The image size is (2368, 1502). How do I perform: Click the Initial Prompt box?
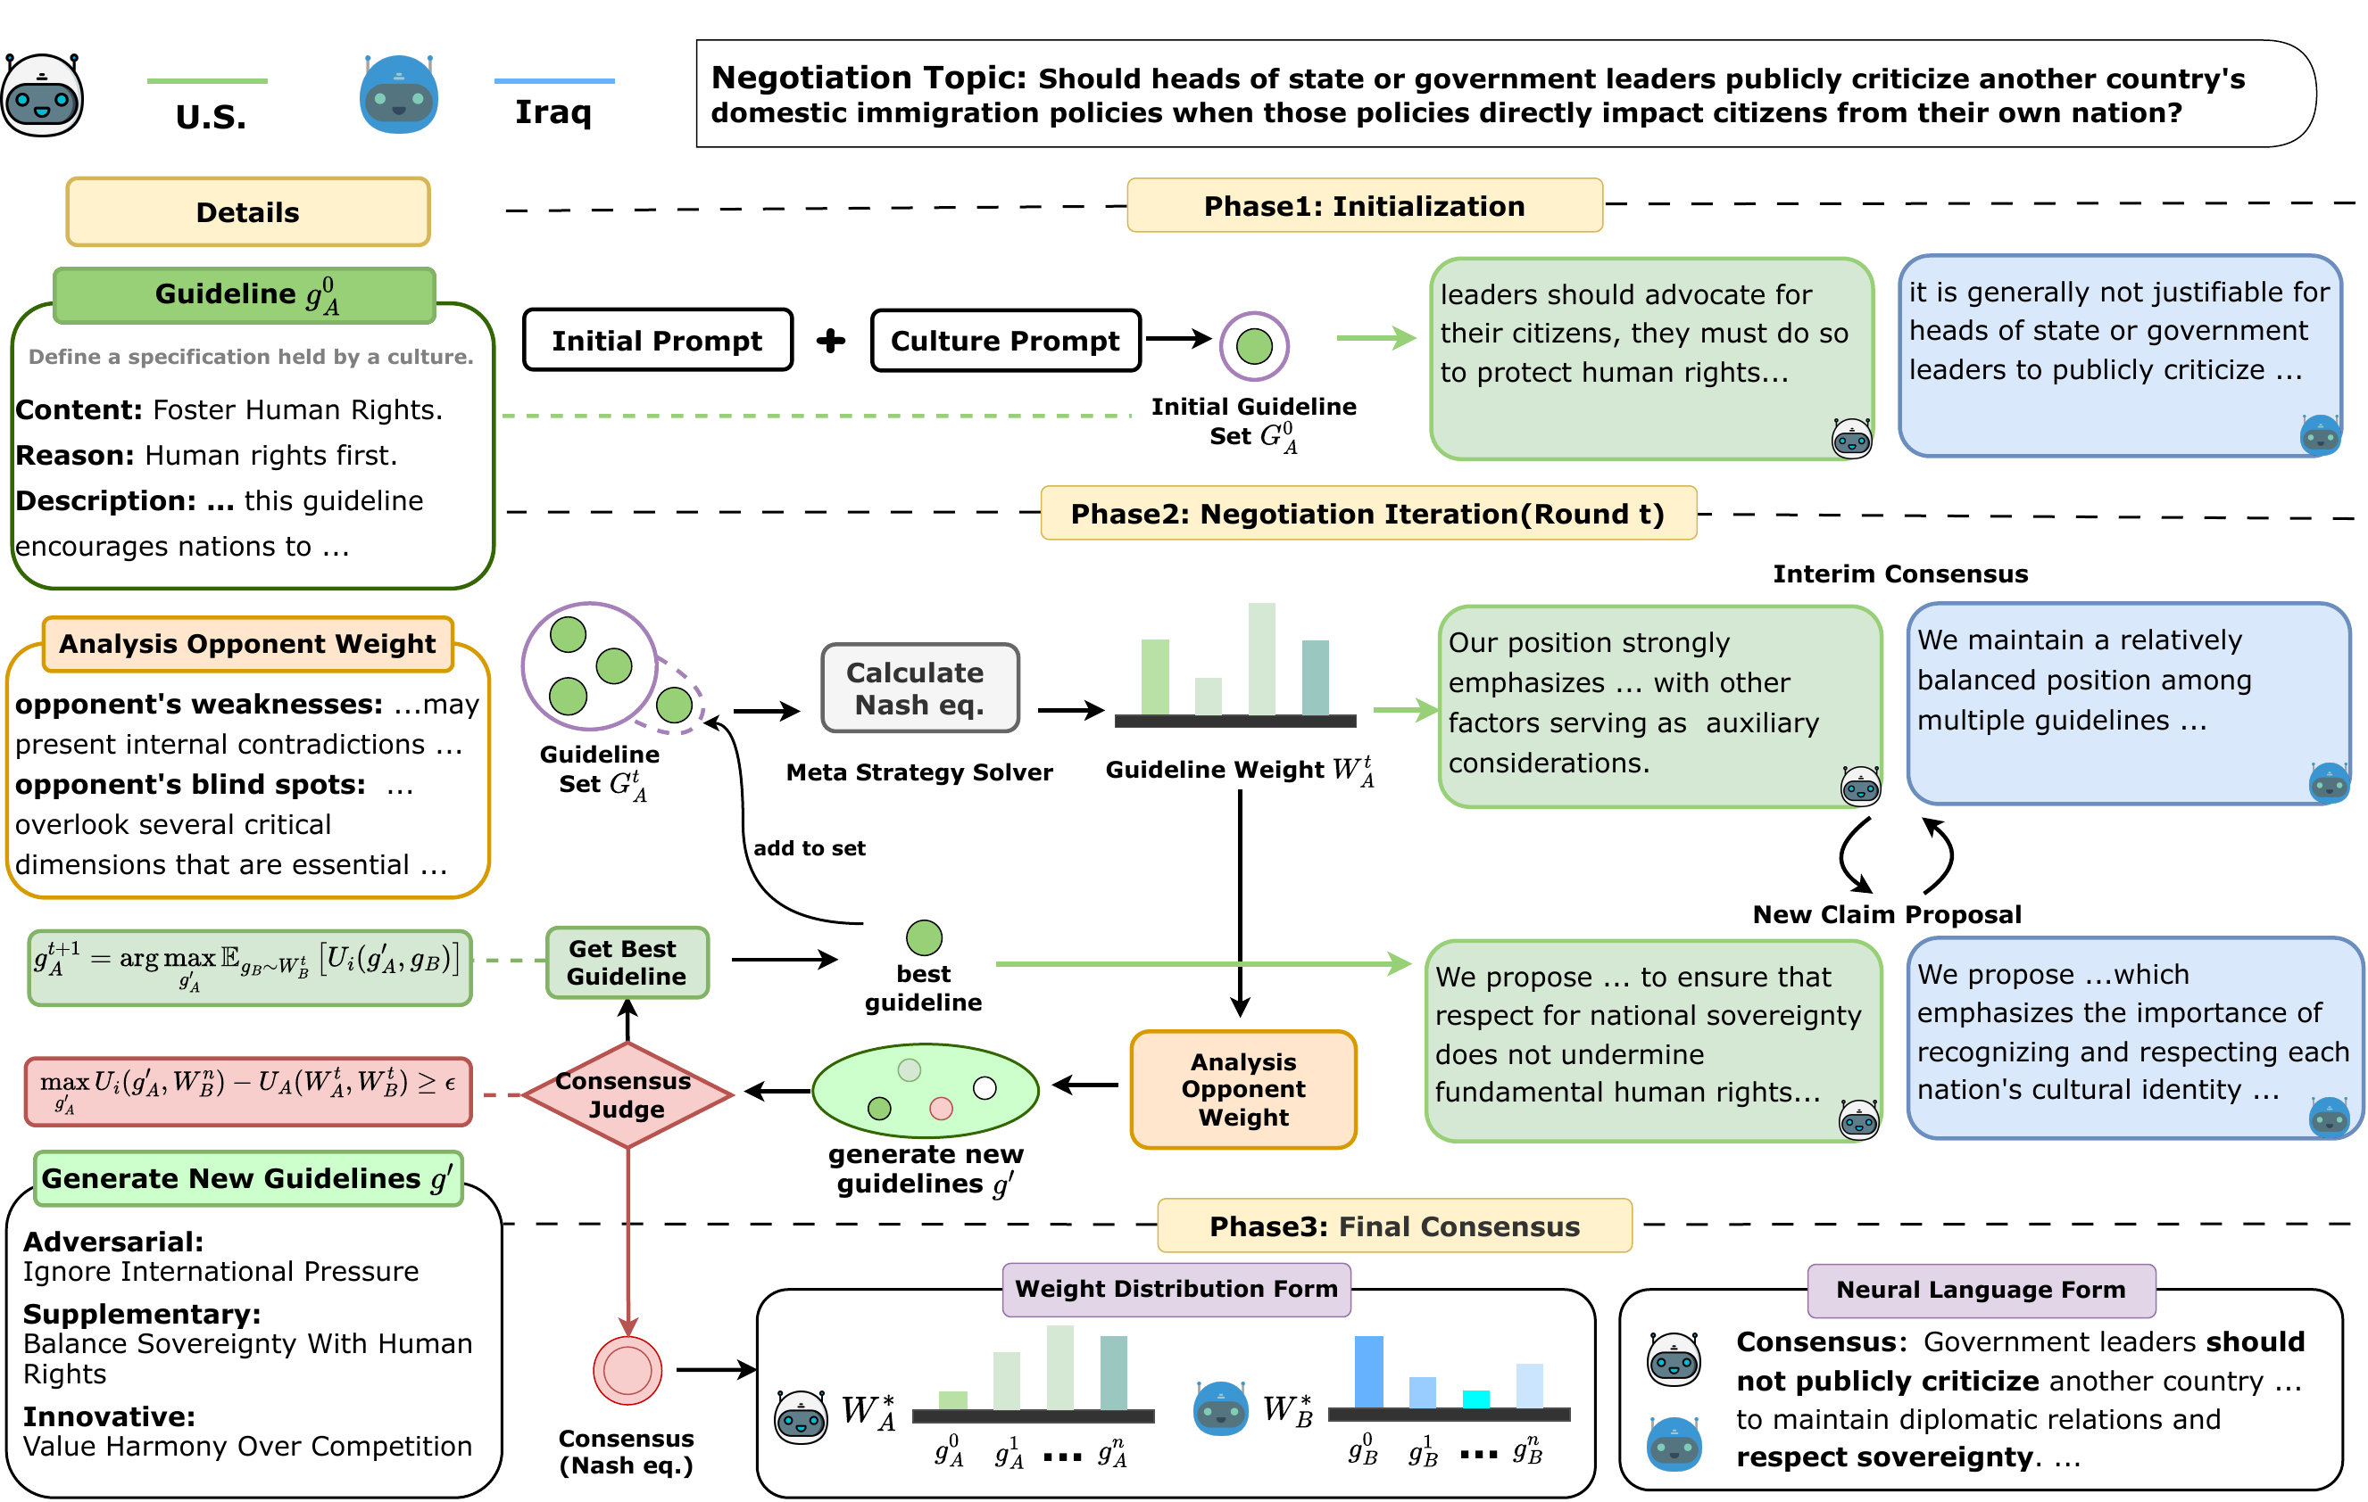pos(657,340)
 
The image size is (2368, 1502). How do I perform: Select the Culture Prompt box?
pos(1005,340)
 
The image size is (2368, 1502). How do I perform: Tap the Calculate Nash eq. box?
pos(919,688)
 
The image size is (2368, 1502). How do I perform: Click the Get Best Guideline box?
pos(627,962)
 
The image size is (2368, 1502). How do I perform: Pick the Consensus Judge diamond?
pos(627,1094)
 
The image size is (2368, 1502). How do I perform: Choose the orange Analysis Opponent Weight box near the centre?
pos(1243,1089)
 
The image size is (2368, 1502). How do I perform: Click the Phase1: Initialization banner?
pos(1364,205)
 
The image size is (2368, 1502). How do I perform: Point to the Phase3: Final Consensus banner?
pos(1393,1226)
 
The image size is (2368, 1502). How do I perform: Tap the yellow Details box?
pos(248,211)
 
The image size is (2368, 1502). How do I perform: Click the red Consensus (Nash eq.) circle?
pos(627,1369)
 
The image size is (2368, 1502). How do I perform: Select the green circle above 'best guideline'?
pos(924,937)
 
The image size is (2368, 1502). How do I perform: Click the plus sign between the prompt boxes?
pos(831,340)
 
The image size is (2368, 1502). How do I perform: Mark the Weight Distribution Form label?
pos(1176,1289)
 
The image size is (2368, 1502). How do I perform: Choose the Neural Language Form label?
pos(1981,1290)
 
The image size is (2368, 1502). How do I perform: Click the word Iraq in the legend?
pos(553,111)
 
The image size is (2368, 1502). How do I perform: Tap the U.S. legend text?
pos(211,117)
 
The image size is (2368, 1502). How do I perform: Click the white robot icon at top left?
pos(42,95)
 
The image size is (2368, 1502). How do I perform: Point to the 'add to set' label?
pos(810,848)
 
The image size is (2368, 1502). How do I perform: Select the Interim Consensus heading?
pos(1900,574)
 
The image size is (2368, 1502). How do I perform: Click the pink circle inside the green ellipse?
pos(941,1108)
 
